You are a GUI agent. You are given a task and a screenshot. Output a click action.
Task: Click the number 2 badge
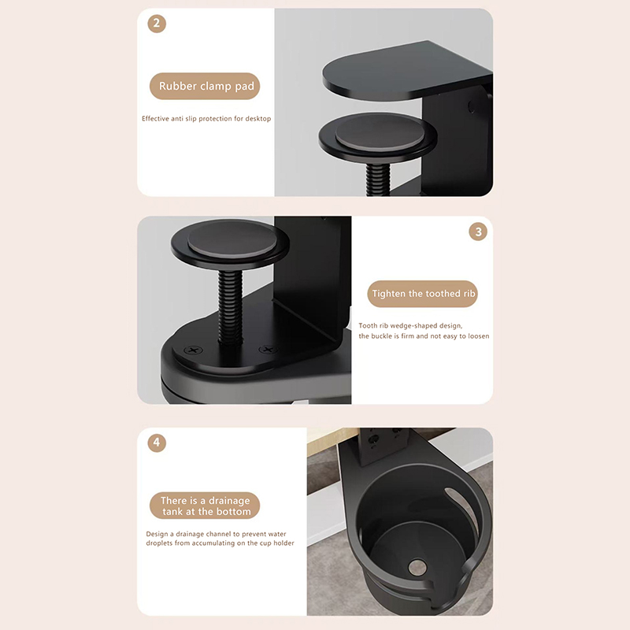pos(157,24)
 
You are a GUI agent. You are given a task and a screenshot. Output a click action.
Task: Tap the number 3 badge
pos(478,232)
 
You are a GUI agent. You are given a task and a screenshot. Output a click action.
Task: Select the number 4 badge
pos(157,443)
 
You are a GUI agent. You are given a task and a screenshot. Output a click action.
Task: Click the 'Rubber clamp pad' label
pos(205,86)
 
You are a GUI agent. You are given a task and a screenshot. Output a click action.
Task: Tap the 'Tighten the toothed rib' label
pos(423,294)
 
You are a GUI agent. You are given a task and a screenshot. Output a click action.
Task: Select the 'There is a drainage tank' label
pos(205,506)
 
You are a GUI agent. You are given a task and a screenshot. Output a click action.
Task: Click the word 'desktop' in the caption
pos(258,119)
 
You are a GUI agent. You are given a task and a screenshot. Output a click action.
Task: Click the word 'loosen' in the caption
pos(478,336)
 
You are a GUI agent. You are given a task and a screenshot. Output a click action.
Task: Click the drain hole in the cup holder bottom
pos(417,567)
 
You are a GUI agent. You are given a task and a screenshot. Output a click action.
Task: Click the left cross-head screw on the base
pos(193,350)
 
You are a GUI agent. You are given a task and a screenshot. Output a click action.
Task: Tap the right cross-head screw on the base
pos(268,350)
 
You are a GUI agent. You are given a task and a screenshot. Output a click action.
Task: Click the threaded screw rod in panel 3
pos(231,307)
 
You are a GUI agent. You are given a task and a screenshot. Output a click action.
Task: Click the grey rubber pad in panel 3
pos(232,239)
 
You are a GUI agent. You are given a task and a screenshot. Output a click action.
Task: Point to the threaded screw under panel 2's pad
pos(378,179)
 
